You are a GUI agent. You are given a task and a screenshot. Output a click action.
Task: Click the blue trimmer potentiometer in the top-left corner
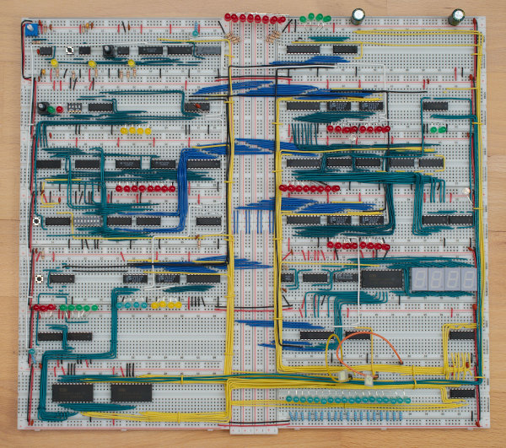(x=30, y=30)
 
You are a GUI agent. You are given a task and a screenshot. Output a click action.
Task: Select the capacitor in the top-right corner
(x=456, y=16)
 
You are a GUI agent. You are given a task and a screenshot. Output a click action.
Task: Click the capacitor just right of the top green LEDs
(x=358, y=16)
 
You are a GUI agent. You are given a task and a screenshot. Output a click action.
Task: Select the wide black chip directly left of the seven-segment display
(x=381, y=278)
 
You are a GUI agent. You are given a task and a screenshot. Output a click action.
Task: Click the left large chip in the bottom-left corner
(x=73, y=391)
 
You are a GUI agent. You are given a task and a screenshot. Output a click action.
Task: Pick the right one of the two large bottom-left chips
(x=131, y=391)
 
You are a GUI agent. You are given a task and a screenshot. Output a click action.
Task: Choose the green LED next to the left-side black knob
(x=51, y=109)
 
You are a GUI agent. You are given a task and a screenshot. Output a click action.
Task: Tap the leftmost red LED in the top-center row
(x=229, y=17)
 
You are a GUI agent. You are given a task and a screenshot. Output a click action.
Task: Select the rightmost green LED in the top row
(x=327, y=17)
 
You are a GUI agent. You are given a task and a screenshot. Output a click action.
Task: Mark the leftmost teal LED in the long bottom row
(x=289, y=397)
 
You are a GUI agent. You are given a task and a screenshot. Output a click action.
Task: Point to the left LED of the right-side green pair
(x=433, y=129)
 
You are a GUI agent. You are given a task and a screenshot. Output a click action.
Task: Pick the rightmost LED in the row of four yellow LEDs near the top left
(x=148, y=131)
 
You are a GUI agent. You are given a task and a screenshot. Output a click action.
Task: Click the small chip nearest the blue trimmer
(x=46, y=51)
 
